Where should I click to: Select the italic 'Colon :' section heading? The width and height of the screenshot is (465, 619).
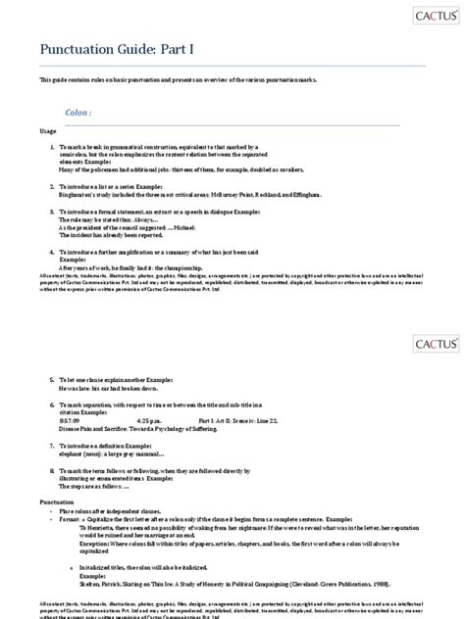click(x=79, y=113)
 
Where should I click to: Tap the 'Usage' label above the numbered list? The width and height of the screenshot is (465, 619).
click(x=49, y=130)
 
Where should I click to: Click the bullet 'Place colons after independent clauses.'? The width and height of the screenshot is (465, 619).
click(x=122, y=511)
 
